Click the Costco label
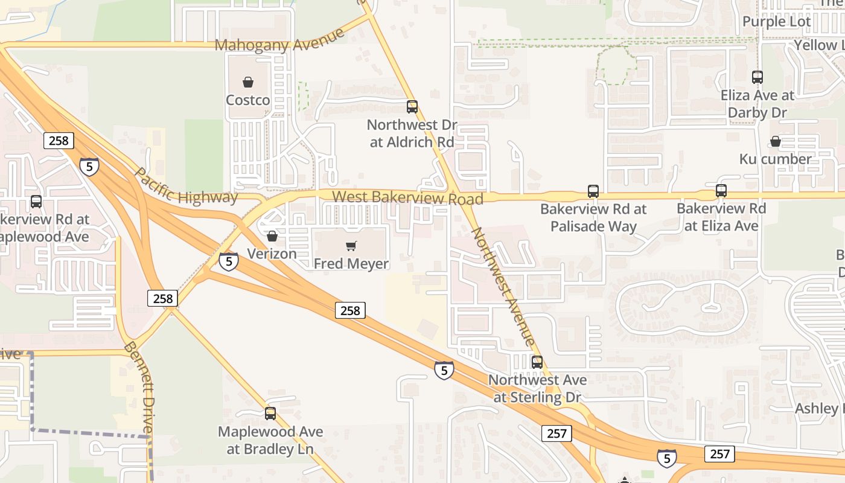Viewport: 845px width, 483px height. point(247,100)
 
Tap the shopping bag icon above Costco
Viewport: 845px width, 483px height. point(247,82)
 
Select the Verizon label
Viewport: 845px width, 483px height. point(272,254)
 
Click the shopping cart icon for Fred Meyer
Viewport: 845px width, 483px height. point(351,246)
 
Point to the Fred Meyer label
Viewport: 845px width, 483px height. point(351,264)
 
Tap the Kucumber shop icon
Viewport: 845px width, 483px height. point(776,141)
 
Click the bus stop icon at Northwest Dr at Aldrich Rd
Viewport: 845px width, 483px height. point(412,107)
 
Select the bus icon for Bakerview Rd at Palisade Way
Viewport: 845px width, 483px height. point(593,191)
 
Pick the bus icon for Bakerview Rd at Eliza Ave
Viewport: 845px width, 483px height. point(721,191)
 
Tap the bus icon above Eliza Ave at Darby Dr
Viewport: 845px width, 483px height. point(757,77)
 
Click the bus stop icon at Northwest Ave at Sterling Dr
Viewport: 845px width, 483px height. point(537,362)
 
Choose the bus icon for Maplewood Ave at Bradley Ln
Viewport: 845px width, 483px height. point(270,414)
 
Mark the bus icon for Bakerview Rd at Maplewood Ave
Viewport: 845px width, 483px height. point(36,202)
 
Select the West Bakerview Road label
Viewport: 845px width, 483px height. point(407,197)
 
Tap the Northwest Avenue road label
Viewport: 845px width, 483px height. point(502,286)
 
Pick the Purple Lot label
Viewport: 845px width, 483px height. point(777,22)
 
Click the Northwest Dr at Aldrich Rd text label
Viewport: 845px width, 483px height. point(412,133)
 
